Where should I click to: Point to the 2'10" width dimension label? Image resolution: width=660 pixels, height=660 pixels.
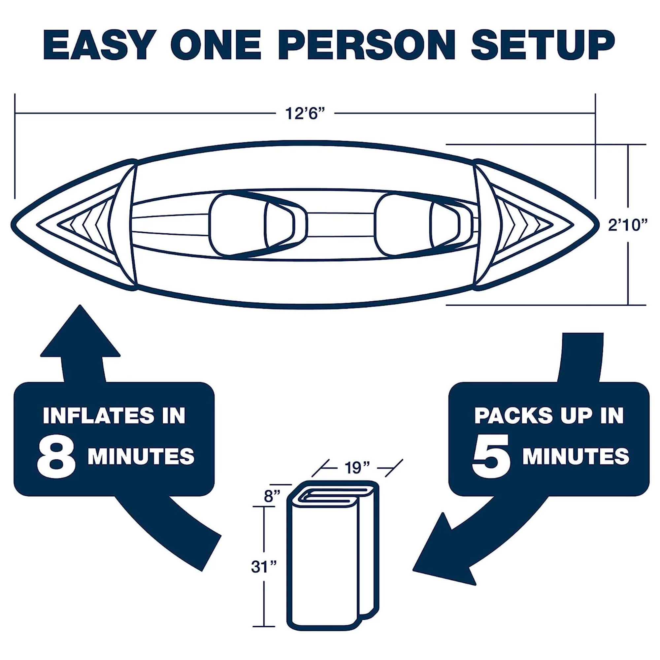tap(628, 225)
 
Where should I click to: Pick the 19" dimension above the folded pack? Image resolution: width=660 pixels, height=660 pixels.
tap(357, 468)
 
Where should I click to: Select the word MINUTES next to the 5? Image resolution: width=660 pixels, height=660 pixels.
tap(576, 456)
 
